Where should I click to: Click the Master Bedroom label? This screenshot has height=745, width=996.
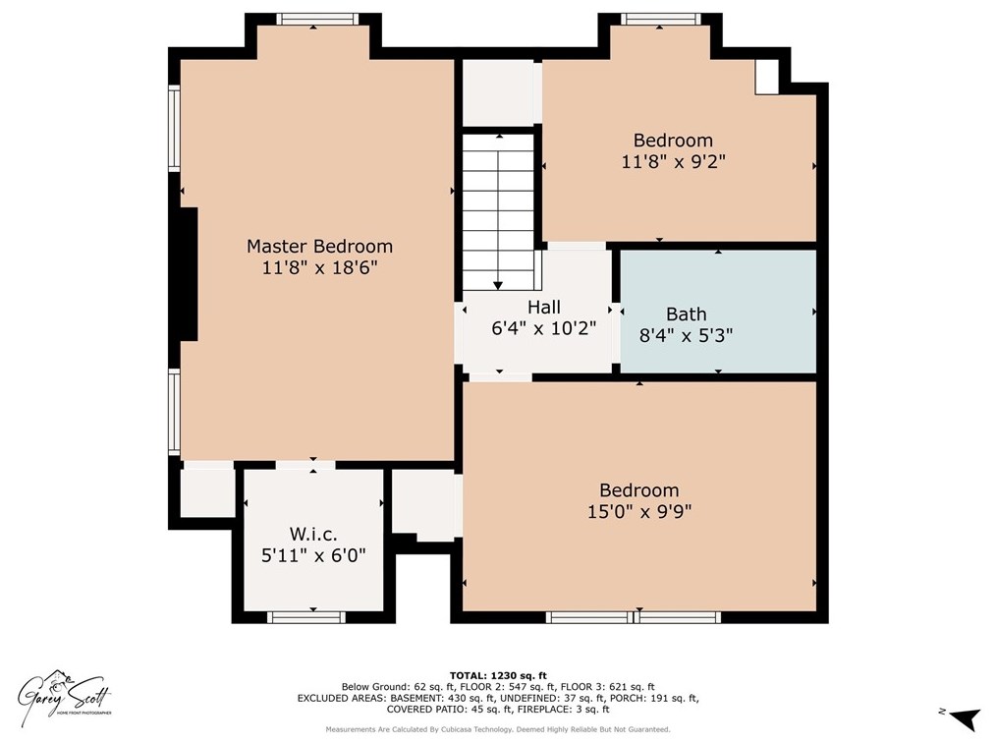[319, 246]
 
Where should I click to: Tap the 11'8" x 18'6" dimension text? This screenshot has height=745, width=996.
[319, 267]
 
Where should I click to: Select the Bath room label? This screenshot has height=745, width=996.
[686, 314]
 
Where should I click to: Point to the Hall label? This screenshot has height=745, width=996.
[544, 307]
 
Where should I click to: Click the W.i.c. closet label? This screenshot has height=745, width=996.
[313, 534]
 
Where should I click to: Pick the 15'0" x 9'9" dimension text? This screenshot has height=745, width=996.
[639, 511]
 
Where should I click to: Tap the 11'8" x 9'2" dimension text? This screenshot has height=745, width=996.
[673, 161]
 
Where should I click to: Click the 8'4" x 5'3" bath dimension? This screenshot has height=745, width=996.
[686, 335]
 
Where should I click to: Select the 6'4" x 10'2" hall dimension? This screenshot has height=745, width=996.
[544, 328]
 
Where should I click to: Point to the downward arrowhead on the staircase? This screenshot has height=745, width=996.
[498, 285]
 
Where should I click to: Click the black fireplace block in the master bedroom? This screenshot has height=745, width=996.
[189, 274]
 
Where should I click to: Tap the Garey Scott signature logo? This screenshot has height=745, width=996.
[64, 695]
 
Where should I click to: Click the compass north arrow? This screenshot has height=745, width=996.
[967, 718]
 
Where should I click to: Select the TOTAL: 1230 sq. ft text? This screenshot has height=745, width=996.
[498, 676]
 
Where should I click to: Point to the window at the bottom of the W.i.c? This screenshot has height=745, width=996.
[306, 616]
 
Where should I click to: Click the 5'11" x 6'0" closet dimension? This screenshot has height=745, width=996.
[313, 555]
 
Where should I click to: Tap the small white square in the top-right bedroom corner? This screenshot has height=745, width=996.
[766, 78]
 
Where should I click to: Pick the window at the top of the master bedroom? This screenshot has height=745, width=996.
[313, 19]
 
